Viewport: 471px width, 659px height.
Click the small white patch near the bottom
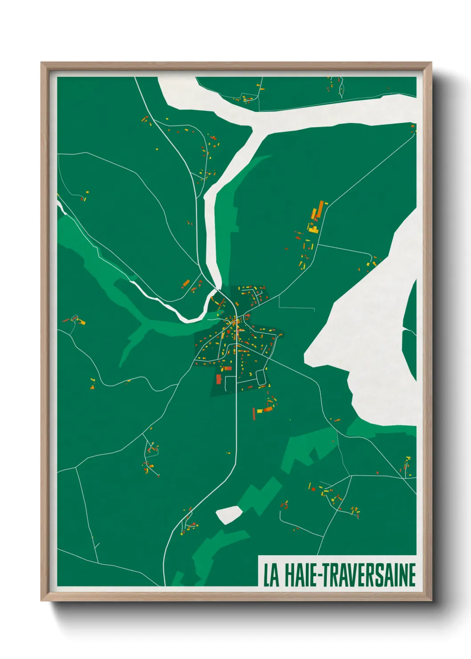[x=229, y=514]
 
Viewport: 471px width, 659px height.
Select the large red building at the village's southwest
[x=219, y=379]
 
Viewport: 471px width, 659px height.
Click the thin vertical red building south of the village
[x=254, y=413]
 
